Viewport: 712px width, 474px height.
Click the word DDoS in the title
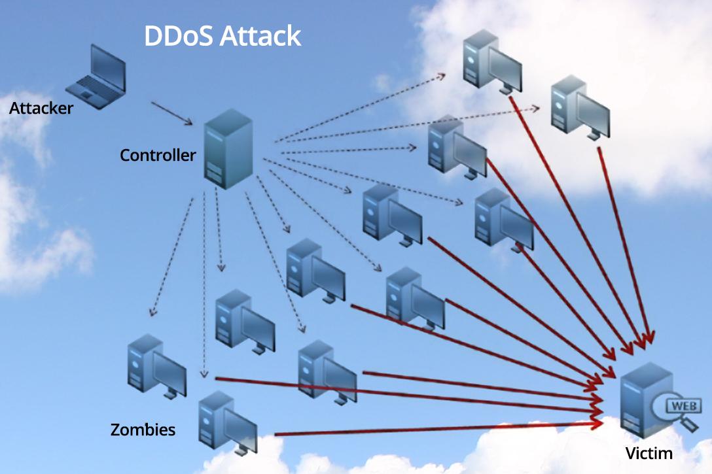[178, 36]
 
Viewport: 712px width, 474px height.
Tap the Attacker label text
[41, 108]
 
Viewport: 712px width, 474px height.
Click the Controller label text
[158, 155]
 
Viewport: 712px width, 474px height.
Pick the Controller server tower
[228, 149]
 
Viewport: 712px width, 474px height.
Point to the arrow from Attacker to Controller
[171, 112]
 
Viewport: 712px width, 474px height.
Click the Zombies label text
[143, 430]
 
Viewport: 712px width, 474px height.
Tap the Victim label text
[649, 453]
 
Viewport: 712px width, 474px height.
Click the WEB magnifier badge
[679, 409]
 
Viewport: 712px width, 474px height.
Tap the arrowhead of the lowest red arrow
[597, 424]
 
